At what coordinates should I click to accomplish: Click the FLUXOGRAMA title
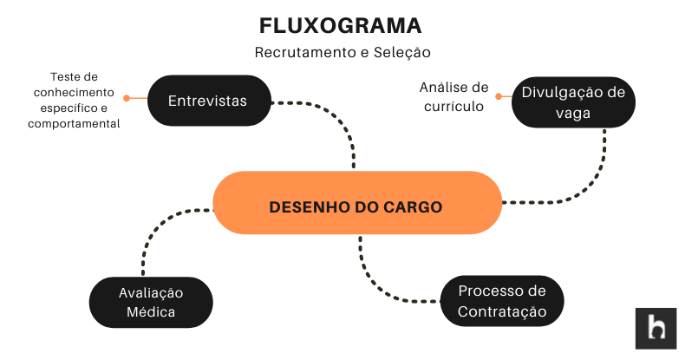(342, 24)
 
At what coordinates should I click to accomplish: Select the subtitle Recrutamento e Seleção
(342, 52)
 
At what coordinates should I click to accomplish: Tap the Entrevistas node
(208, 101)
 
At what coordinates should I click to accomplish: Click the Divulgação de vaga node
(573, 103)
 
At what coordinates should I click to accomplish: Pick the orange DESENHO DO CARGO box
(356, 207)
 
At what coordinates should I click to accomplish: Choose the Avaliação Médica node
(151, 302)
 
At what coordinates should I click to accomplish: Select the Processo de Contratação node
(502, 301)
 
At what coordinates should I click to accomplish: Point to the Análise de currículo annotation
(453, 96)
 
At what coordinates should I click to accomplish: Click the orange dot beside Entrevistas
(127, 98)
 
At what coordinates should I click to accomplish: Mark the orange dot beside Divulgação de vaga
(499, 96)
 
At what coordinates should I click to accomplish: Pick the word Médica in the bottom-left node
(151, 312)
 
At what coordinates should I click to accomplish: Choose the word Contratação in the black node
(502, 311)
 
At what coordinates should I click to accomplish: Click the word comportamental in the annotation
(74, 124)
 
